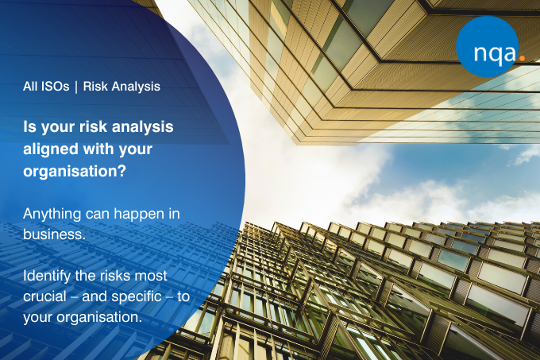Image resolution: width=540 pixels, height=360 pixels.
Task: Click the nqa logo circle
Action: [x=488, y=47]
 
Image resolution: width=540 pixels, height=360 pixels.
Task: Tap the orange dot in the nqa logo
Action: [x=522, y=58]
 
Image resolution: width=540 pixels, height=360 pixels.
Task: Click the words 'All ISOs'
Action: [x=46, y=86]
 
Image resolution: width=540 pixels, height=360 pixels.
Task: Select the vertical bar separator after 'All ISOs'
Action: [x=76, y=87]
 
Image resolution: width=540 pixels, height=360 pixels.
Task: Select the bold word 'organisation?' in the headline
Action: [x=75, y=171]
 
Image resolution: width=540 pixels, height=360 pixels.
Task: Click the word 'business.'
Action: [x=54, y=234]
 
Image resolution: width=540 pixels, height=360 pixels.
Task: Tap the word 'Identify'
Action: [x=47, y=277]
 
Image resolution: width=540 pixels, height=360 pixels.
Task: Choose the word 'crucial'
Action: [x=44, y=296]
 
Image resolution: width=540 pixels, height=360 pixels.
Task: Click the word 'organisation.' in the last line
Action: [x=99, y=317]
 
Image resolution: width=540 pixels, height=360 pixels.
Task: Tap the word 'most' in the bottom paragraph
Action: [x=151, y=276]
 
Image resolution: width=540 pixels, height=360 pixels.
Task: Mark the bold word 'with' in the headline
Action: [x=98, y=149]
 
